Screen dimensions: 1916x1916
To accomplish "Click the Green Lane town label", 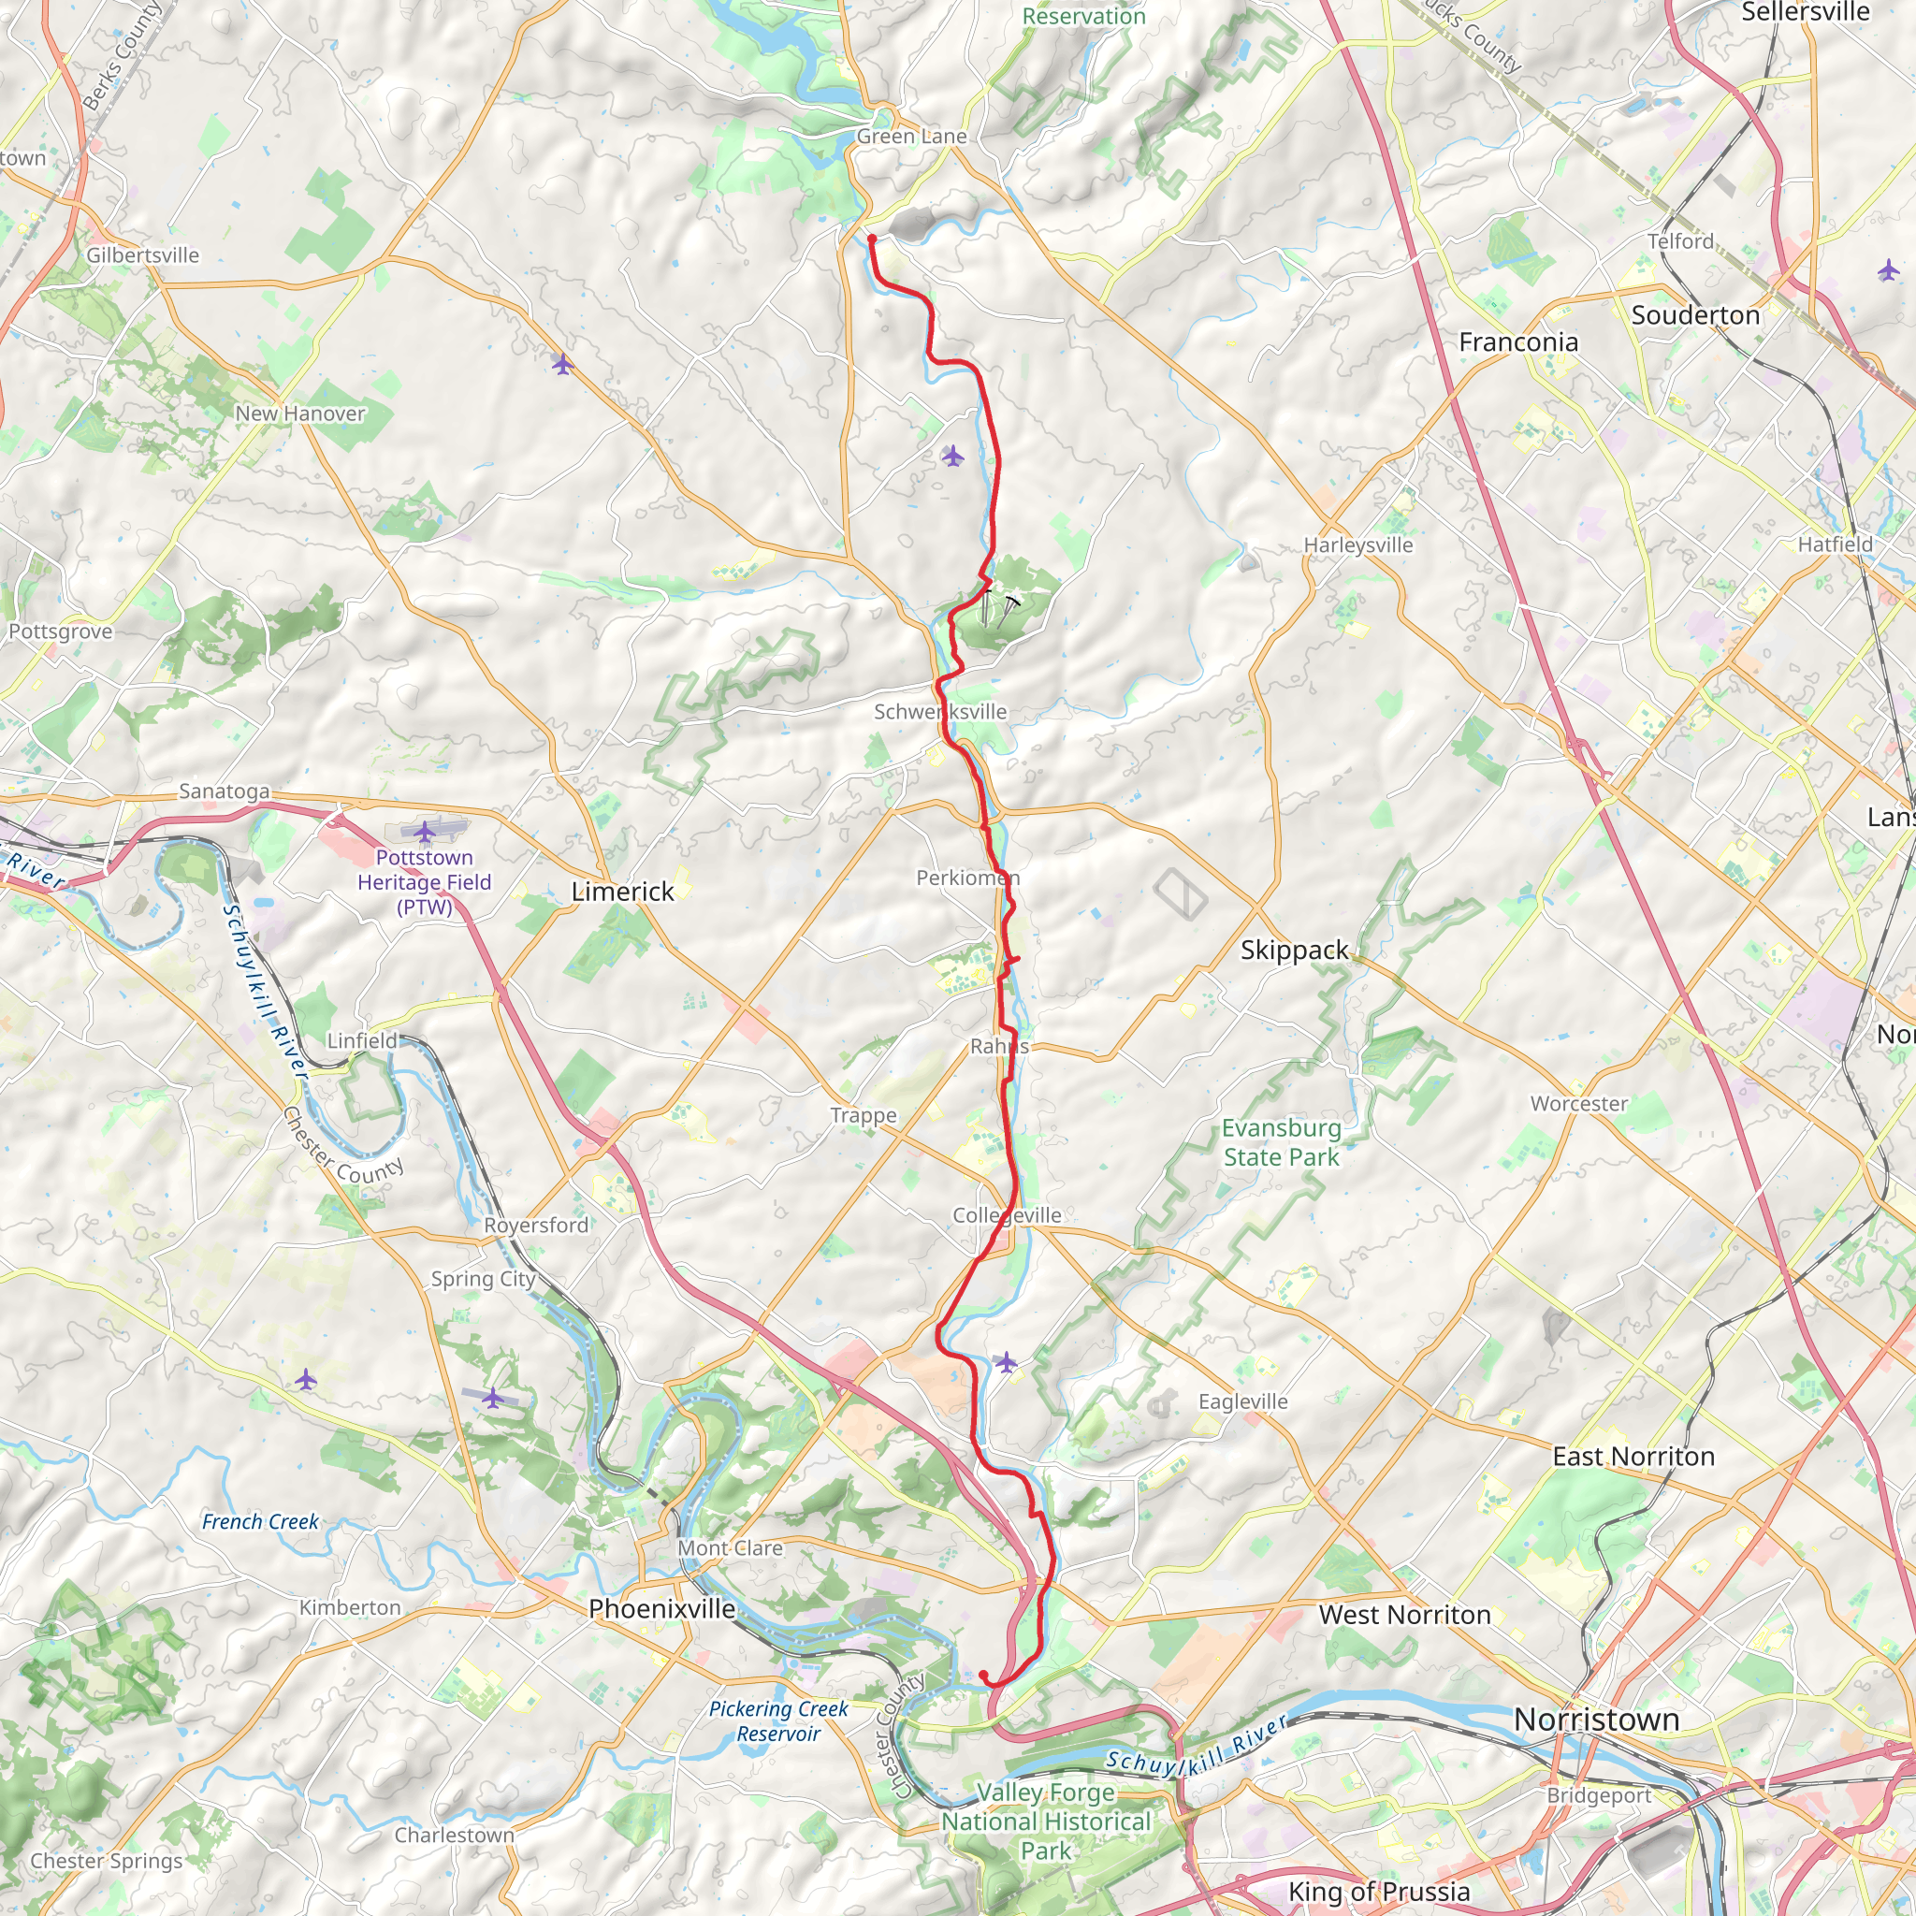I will tap(910, 136).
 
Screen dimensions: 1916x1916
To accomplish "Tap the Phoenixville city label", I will tap(661, 1607).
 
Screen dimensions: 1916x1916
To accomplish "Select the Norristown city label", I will tap(1596, 1719).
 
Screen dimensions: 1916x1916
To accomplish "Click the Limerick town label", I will tap(622, 891).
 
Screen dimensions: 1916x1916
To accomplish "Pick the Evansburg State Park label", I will tap(1281, 1141).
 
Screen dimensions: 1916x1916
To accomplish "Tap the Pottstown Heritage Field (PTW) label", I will tap(424, 881).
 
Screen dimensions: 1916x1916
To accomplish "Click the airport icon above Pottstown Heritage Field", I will tap(425, 830).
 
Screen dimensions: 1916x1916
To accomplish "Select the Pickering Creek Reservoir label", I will tap(777, 1720).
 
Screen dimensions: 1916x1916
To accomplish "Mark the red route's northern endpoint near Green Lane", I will tap(872, 239).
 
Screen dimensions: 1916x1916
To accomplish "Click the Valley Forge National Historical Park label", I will tap(1045, 1821).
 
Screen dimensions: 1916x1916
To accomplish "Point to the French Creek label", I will tap(260, 1521).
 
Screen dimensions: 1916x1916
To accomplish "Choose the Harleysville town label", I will tap(1357, 544).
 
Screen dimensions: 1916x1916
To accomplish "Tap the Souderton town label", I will tap(1695, 314).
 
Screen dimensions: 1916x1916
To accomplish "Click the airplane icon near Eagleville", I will tap(1006, 1361).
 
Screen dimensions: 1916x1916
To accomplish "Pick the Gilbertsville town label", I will tap(143, 254).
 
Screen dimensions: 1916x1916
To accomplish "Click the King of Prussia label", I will tap(1378, 1890).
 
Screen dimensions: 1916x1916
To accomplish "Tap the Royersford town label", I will tap(535, 1224).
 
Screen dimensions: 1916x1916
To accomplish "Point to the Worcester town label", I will tap(1579, 1103).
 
